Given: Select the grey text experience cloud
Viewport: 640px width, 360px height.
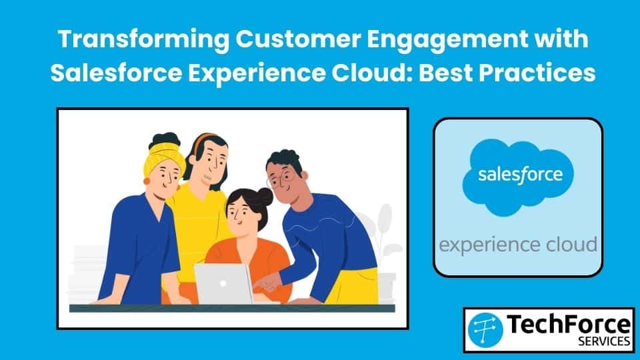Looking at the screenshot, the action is (518, 245).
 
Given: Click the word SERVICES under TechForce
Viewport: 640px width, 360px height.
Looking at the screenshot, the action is (604, 341).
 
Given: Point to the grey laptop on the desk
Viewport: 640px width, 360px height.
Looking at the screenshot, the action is (223, 284).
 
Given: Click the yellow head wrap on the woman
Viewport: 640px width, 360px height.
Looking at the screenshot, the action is (164, 157).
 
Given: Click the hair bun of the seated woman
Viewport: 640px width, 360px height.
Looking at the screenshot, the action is (264, 197).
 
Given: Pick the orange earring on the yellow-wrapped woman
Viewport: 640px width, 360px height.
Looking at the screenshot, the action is (147, 181).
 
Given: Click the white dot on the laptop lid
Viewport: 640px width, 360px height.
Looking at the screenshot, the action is (223, 283).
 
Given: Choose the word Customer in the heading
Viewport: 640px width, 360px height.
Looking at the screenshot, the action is (299, 39).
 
